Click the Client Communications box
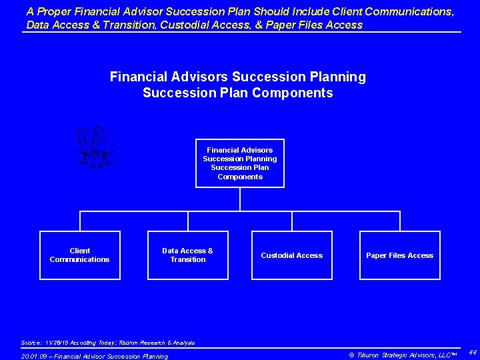(80, 255)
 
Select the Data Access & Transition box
(188, 255)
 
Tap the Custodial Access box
(292, 255)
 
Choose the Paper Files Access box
(400, 255)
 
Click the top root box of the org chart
(240, 163)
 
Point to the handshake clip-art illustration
(96, 147)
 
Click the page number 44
(472, 351)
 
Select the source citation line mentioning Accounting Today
(108, 343)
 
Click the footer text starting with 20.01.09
(95, 356)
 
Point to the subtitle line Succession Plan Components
(238, 93)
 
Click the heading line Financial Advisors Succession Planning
(238, 77)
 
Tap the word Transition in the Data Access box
(188, 259)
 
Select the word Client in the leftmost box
(80, 251)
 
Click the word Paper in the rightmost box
(377, 255)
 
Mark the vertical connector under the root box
(240, 199)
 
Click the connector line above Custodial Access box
(292, 221)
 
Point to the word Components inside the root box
(240, 177)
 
